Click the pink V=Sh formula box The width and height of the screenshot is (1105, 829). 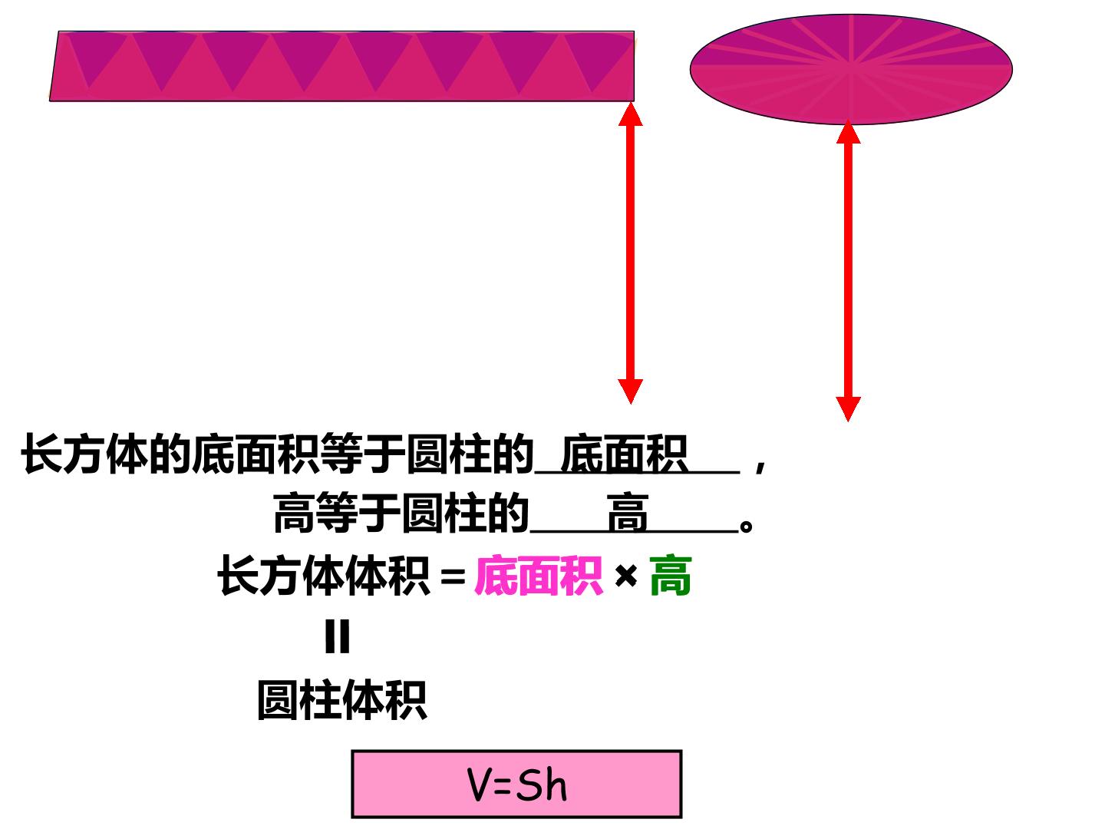516,783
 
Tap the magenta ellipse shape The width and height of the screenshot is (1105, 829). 850,69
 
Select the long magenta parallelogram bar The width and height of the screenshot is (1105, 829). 341,66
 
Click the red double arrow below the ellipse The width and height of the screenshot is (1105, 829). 848,271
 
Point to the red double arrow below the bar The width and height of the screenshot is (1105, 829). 630,253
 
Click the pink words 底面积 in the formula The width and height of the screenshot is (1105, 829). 538,576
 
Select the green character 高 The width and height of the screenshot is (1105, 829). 670,576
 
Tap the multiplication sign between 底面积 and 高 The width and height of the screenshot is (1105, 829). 625,576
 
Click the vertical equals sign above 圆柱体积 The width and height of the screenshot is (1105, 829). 338,637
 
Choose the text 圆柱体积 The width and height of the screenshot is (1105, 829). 341,700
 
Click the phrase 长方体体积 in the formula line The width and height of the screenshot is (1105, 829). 324,576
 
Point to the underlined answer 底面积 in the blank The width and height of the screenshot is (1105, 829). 624,454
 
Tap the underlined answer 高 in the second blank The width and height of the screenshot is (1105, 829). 627,513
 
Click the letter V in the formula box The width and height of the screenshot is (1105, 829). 480,784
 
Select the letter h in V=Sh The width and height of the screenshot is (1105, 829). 556,784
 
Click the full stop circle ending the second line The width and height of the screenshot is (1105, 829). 746,527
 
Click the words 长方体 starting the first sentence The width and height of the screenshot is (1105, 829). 84,454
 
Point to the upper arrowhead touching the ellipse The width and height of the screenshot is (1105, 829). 848,132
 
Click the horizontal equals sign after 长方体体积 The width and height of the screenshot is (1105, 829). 453,576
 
